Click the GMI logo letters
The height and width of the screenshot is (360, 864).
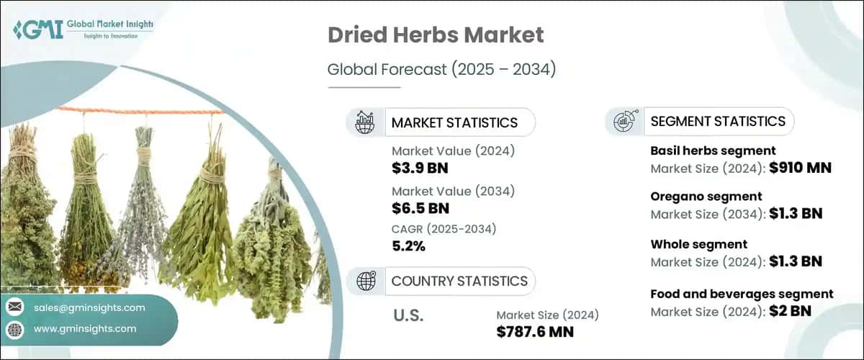coord(38,30)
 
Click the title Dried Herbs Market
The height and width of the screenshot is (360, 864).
coord(436,35)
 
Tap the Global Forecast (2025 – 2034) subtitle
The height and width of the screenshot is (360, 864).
coord(441,69)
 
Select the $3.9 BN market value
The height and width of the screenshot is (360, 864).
coord(420,168)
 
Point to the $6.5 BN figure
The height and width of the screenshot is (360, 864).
coord(420,208)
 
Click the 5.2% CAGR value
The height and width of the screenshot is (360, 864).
coord(408,246)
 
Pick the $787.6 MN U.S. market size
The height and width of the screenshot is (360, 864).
coord(535,332)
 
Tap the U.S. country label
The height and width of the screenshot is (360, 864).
coord(408,315)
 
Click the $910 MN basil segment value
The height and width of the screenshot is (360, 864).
coord(801,168)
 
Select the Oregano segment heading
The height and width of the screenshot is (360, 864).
coord(706,197)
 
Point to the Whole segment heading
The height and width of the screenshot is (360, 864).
coord(699,244)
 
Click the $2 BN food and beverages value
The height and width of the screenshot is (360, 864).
coord(791,311)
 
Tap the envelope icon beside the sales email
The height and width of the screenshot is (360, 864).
coord(15,307)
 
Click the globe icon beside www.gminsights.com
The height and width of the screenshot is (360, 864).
coord(15,329)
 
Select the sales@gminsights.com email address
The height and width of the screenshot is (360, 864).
coord(89,308)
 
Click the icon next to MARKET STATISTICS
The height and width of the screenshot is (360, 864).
coord(365,122)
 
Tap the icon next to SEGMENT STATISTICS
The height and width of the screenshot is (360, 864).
coord(625,121)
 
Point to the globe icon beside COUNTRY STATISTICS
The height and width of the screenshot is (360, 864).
coord(366,281)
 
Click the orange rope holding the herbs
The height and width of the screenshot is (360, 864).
coord(141,112)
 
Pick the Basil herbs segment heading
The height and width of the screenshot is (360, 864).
coord(713,151)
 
